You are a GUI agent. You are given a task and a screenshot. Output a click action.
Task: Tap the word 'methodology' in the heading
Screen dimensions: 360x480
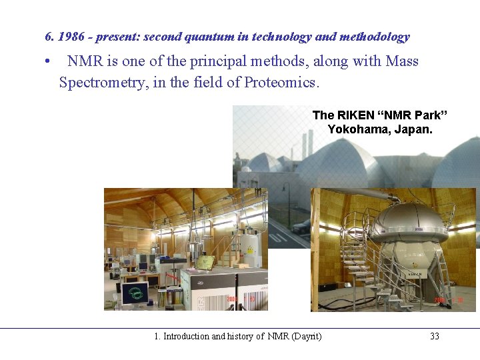[x=374, y=37]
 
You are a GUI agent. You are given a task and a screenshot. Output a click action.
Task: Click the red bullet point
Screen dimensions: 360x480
[x=48, y=62]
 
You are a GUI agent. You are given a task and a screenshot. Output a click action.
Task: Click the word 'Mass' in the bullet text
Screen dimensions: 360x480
[x=402, y=61]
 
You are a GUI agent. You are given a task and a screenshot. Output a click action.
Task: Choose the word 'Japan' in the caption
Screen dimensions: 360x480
[x=413, y=129]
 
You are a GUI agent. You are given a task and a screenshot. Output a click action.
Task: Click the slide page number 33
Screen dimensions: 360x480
[x=435, y=336]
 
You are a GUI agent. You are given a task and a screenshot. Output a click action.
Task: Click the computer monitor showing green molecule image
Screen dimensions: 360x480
[x=136, y=293]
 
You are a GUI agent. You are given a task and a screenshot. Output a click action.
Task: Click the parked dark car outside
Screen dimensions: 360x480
[x=301, y=227]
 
